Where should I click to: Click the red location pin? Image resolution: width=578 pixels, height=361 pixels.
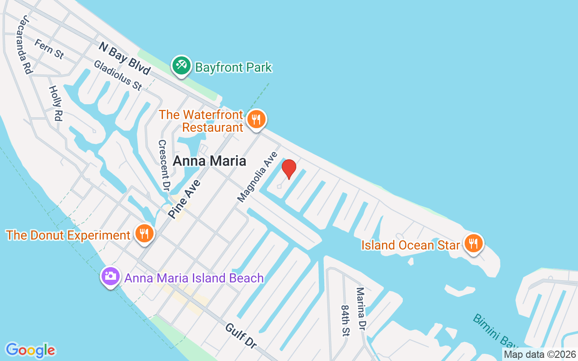[289, 169]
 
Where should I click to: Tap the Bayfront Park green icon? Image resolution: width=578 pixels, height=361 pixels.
[181, 66]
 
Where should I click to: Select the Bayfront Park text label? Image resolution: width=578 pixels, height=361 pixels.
[233, 68]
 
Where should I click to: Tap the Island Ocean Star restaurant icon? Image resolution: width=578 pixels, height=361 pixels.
[473, 244]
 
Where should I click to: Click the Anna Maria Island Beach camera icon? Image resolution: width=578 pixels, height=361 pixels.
[111, 276]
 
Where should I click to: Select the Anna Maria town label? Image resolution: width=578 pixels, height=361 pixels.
[210, 161]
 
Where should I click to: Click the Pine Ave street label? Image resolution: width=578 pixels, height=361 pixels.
[184, 198]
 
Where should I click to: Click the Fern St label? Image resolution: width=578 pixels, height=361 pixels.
[49, 49]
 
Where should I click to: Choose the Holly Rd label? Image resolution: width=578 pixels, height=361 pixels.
[55, 103]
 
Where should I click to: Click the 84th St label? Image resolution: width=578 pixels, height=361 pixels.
[345, 320]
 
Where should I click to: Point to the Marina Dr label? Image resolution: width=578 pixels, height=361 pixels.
[362, 308]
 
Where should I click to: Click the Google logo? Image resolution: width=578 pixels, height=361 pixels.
[30, 350]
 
